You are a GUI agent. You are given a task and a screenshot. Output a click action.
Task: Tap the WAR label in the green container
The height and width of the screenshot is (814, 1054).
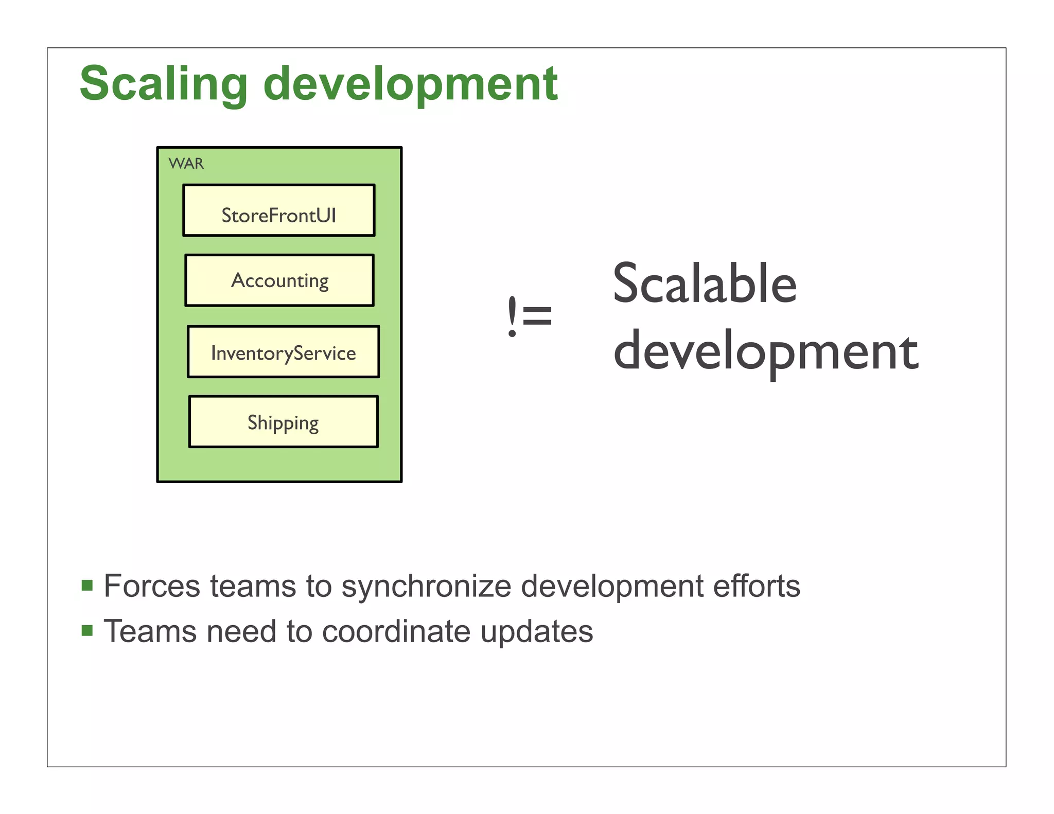(x=186, y=164)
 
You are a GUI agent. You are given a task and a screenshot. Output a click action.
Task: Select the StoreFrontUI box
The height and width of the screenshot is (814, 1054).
(x=278, y=211)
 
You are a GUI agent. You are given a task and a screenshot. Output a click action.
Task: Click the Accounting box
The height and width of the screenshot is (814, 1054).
(x=279, y=280)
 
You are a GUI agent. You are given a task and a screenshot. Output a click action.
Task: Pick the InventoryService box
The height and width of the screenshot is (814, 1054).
(x=283, y=352)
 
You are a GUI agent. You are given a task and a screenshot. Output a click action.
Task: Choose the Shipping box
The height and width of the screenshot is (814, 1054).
(x=283, y=422)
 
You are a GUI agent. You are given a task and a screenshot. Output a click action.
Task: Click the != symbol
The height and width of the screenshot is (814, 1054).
(x=529, y=315)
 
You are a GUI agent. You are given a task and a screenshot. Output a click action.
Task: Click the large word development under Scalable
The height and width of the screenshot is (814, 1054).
(x=765, y=352)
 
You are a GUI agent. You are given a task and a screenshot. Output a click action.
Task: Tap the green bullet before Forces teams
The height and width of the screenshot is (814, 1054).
(x=87, y=586)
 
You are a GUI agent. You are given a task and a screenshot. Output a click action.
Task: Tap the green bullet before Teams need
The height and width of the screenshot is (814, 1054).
(x=87, y=630)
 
